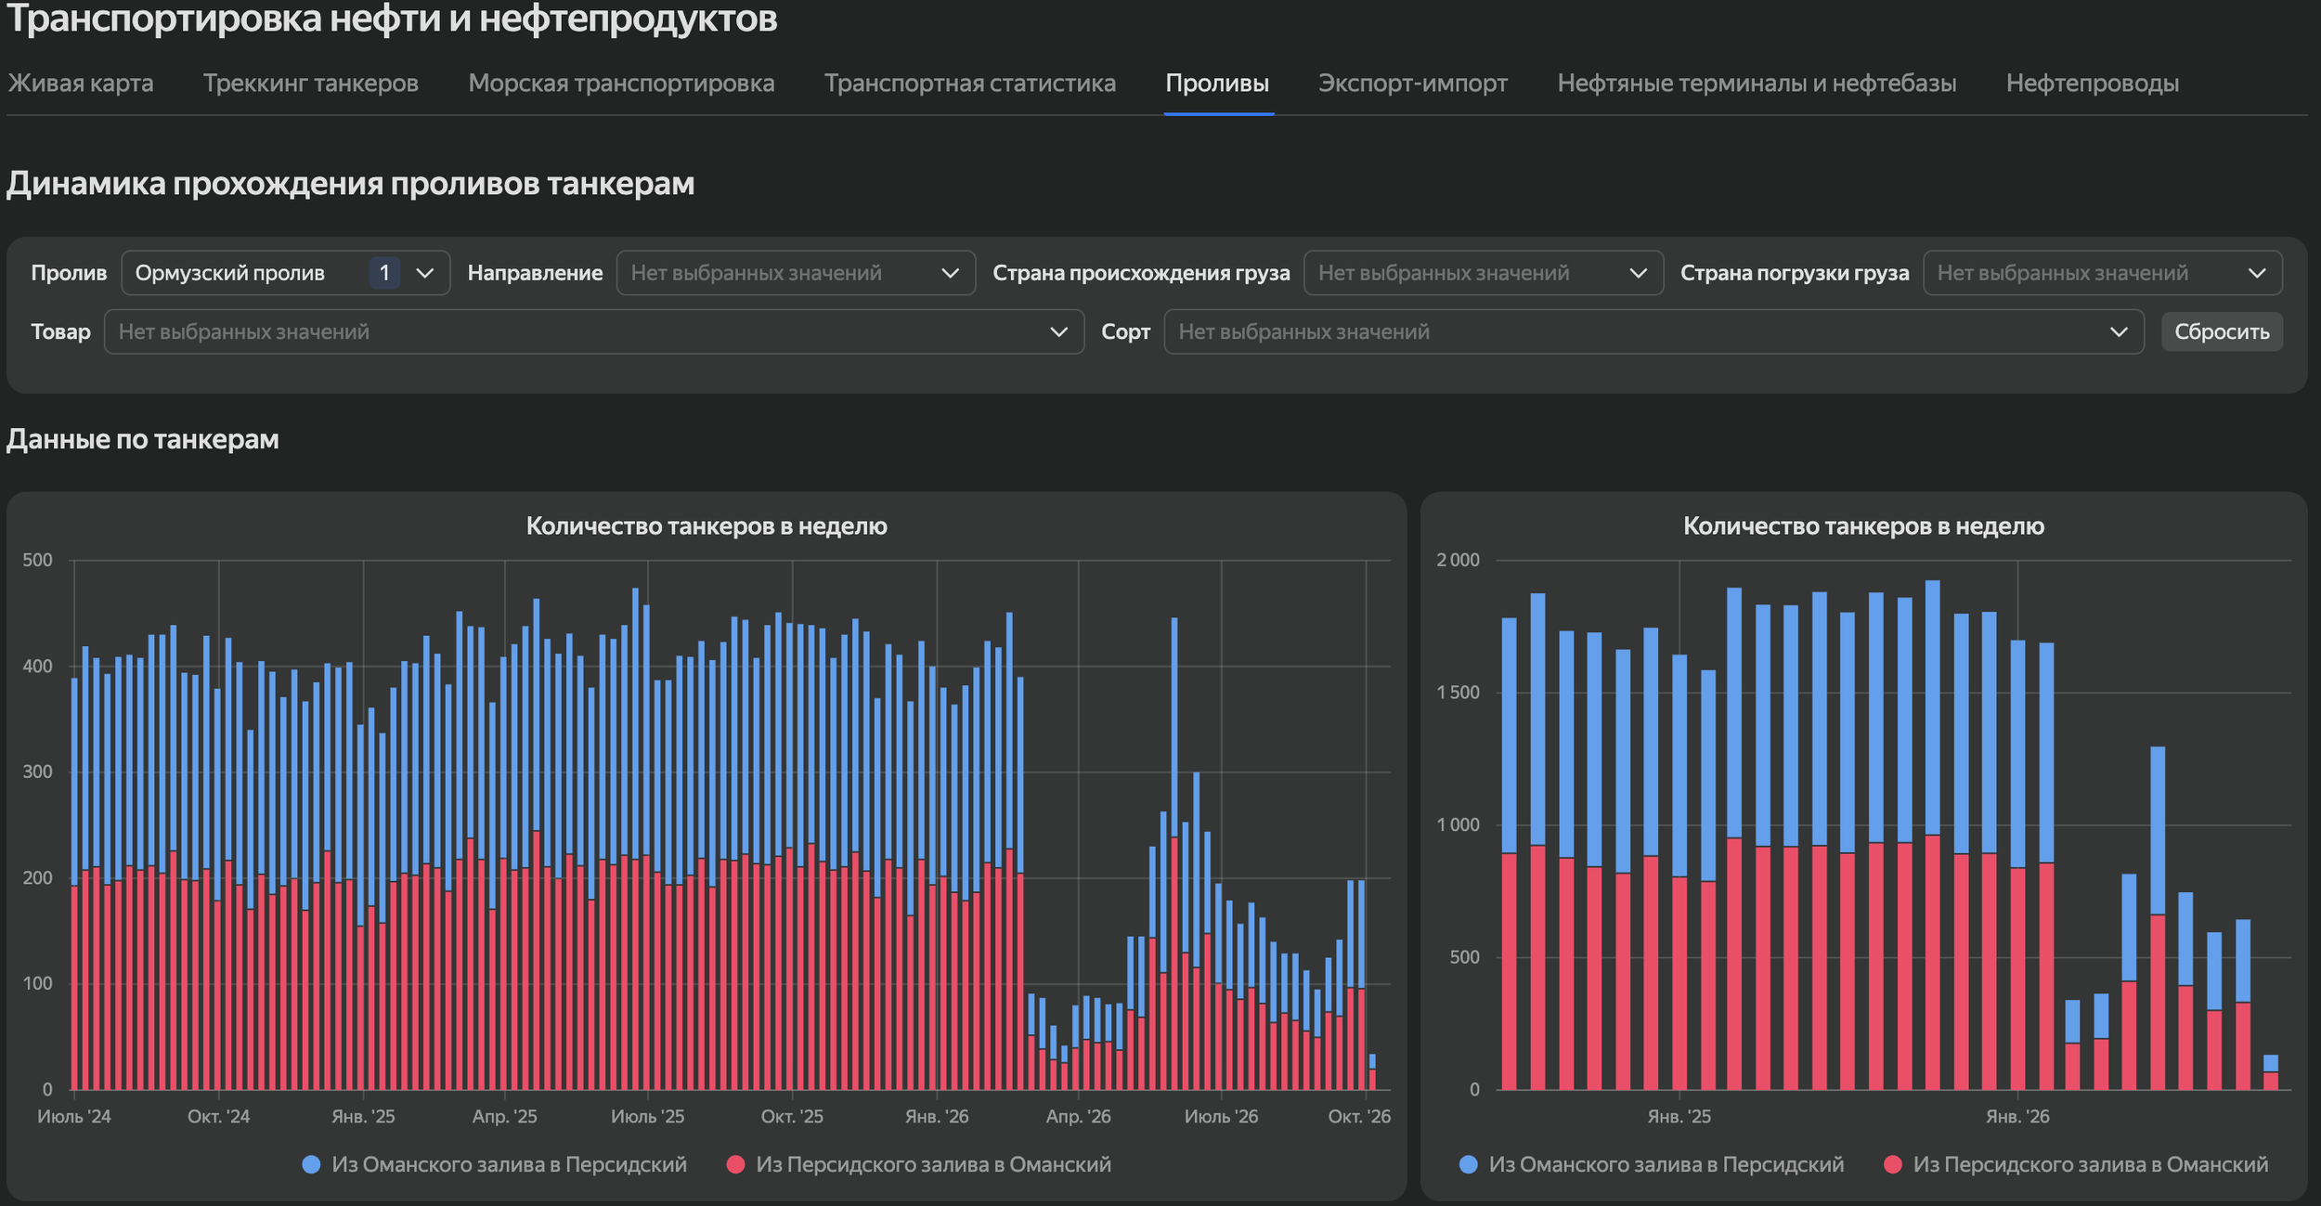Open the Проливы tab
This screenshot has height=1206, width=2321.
[x=1217, y=84]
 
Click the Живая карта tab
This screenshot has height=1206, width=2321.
[x=81, y=84]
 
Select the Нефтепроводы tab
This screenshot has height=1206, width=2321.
[x=2093, y=84]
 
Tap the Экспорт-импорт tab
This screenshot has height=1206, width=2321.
[x=1413, y=84]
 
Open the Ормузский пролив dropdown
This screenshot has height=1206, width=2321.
[x=286, y=273]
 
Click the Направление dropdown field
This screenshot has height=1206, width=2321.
[x=796, y=273]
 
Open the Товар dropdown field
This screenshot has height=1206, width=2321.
[x=594, y=331]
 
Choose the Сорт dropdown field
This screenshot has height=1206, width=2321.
[x=1653, y=331]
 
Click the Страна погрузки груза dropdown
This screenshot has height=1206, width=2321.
[x=2102, y=273]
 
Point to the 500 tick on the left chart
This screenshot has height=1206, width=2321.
[x=38, y=560]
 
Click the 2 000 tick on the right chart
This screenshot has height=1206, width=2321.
[x=1459, y=560]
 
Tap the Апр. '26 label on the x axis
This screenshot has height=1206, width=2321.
[x=1078, y=1116]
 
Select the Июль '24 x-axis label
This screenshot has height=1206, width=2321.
[x=74, y=1116]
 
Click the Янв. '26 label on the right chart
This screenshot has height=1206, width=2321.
[x=2017, y=1116]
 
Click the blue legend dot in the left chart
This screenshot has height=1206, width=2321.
[x=312, y=1164]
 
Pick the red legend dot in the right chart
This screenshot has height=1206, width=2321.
[x=1893, y=1164]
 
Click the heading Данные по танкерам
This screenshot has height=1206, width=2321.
[x=143, y=439]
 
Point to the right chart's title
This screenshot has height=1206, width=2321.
[x=1863, y=526]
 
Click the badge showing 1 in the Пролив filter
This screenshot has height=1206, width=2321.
[x=384, y=273]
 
